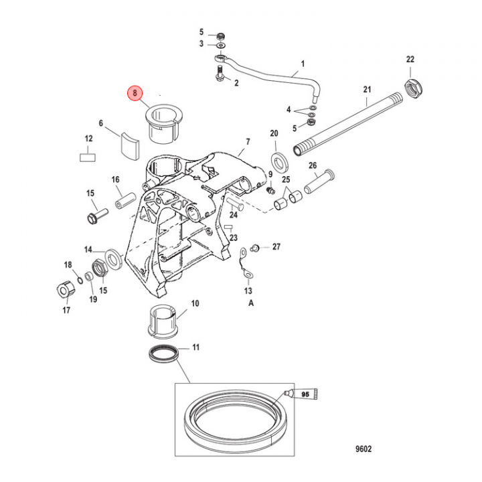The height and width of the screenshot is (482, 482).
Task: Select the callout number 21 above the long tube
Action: (367, 90)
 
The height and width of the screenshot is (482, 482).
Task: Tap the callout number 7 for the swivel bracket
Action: (247, 142)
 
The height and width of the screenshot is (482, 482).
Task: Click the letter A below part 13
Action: (252, 303)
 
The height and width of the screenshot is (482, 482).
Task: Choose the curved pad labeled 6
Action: (129, 146)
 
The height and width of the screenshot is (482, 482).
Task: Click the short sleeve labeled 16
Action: (125, 199)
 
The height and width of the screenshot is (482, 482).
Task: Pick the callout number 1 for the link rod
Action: (303, 64)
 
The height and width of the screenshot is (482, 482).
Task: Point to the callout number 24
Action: (234, 216)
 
